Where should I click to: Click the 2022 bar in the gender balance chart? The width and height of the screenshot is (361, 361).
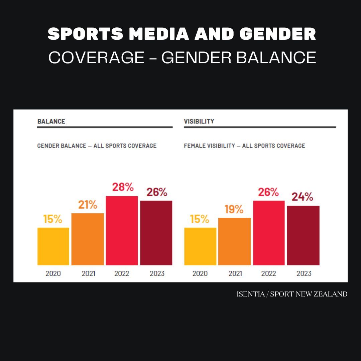122,231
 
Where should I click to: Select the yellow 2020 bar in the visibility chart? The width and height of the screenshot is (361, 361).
200,246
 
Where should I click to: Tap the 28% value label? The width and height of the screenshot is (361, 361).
123,187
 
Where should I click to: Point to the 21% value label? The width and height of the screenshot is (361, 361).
88,205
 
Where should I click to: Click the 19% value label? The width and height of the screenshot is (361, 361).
234,209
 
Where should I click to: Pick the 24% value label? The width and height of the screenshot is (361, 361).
303,197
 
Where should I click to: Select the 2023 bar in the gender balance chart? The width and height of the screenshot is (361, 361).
156,233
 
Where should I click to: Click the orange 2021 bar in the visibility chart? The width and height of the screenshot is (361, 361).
234,241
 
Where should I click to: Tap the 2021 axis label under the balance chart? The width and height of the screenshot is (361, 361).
88,273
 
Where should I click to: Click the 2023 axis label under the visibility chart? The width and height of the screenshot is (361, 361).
304,273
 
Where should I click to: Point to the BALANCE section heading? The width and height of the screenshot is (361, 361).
51,121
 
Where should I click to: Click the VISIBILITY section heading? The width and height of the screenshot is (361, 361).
199,121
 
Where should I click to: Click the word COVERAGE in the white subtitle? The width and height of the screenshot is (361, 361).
96,57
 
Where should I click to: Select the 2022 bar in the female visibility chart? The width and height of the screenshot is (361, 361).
269,233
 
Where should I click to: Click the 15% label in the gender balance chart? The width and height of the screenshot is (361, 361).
53,219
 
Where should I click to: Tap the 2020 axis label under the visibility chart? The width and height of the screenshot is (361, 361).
200,273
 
